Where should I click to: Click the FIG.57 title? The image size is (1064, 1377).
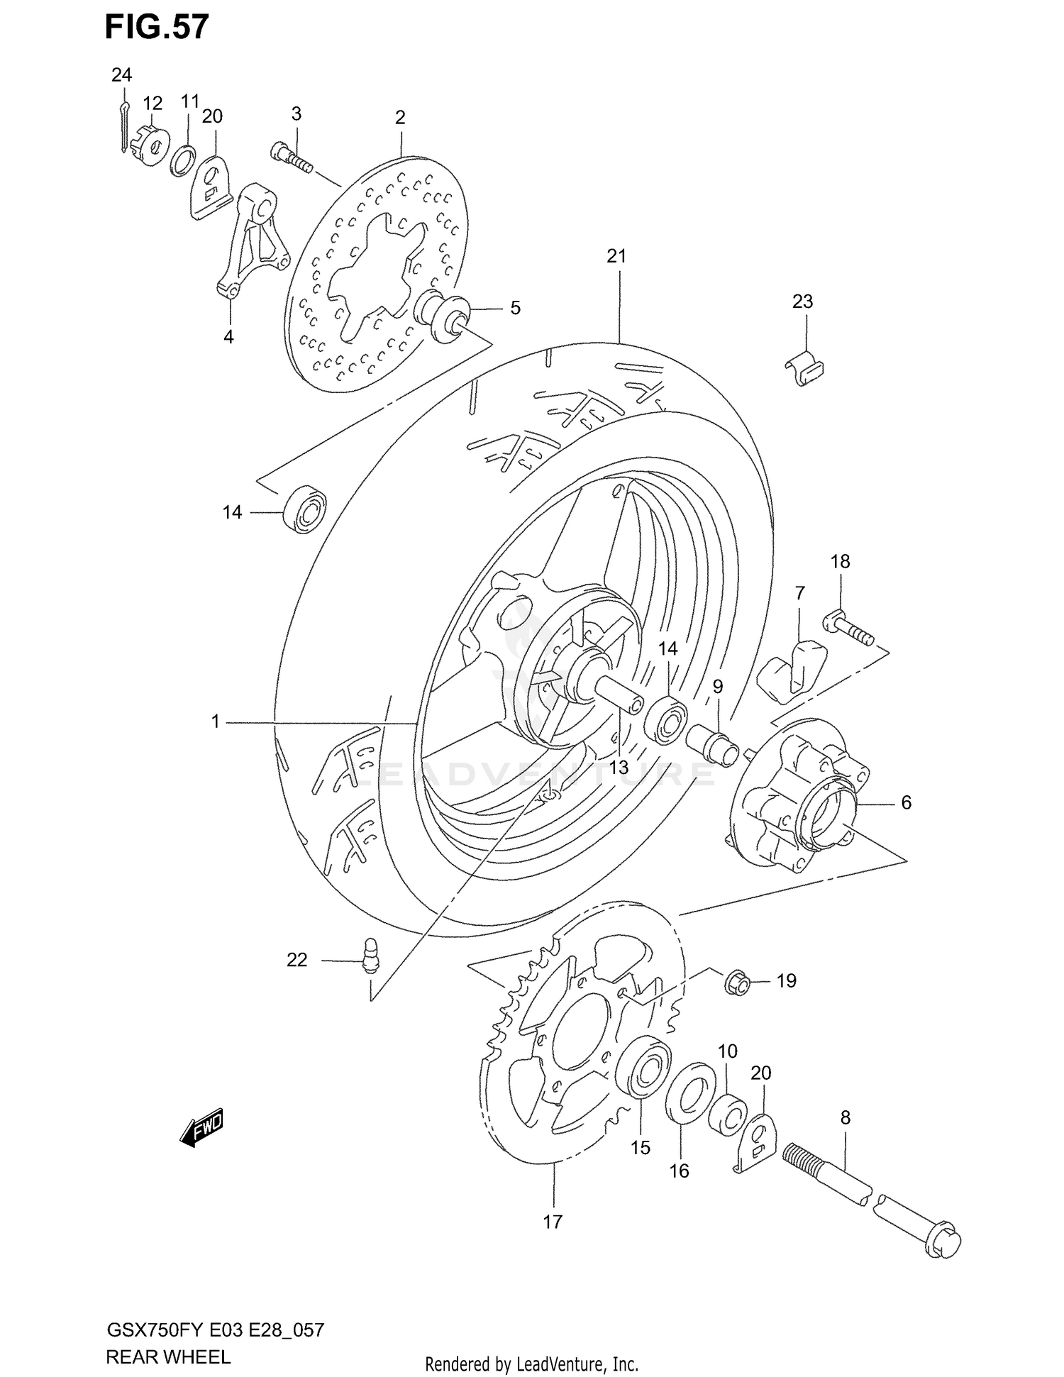tap(157, 27)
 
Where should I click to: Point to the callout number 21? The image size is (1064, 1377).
tap(616, 256)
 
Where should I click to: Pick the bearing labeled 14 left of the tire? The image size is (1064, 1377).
tap(305, 509)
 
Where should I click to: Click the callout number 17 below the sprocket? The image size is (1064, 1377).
tap(553, 1222)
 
